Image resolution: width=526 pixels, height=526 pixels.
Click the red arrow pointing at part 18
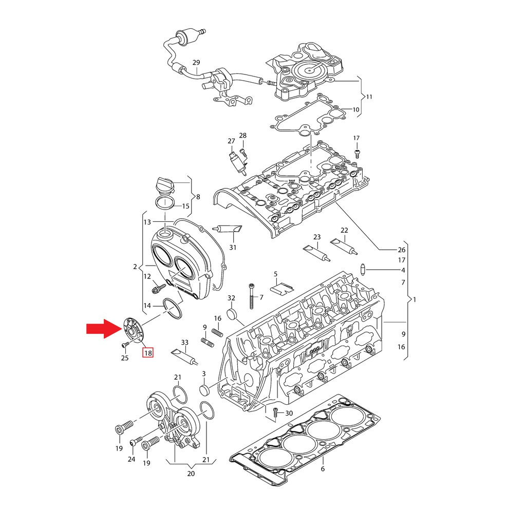pos(104,328)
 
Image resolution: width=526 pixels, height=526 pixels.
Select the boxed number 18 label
pos(148,353)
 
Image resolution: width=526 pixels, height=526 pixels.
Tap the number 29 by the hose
pos(196,62)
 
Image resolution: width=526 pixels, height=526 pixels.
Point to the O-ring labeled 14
pos(173,308)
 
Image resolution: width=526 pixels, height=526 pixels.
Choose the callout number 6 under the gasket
pos(323,468)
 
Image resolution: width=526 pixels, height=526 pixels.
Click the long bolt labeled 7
pos(251,296)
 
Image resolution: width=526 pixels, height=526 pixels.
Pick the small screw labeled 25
pos(125,345)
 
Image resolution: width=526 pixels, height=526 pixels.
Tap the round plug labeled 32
pos(232,315)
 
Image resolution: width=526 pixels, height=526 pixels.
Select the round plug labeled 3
pos(204,391)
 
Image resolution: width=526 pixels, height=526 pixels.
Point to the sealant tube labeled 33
pos(184,356)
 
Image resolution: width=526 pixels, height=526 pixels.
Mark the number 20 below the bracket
pos(191,474)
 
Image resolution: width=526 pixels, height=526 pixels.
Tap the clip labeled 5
pos(282,287)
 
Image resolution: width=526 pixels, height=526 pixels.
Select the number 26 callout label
pos(402,250)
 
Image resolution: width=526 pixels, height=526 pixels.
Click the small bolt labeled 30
pos(275,412)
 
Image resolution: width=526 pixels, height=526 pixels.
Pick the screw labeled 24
pos(137,441)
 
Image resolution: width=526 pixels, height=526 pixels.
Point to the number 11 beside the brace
pos(369,97)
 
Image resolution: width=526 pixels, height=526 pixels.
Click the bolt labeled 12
pos(158,288)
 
